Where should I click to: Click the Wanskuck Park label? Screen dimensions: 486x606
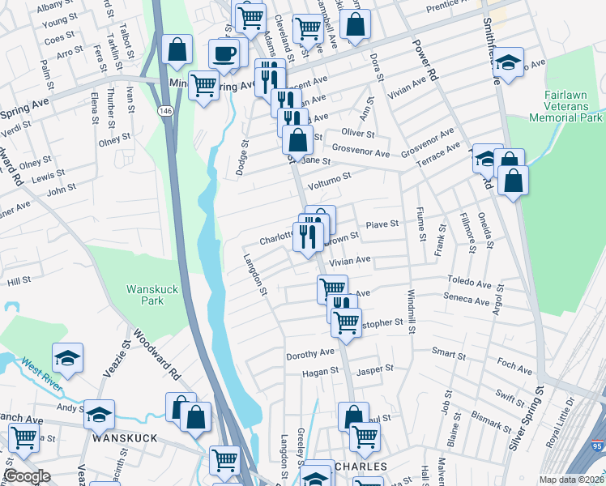click(145, 295)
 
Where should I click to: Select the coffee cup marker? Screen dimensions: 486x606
click(224, 54)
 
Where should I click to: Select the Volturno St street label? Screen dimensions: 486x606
click(329, 177)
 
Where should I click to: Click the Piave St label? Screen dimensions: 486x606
click(382, 224)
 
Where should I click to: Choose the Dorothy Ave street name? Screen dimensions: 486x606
click(310, 354)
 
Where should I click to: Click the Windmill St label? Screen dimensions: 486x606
click(412, 309)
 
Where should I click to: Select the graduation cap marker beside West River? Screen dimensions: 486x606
click(68, 357)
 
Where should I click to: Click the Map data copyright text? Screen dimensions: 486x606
click(572, 480)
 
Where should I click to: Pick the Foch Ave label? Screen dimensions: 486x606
click(514, 370)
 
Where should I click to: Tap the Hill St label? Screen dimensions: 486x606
click(19, 279)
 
